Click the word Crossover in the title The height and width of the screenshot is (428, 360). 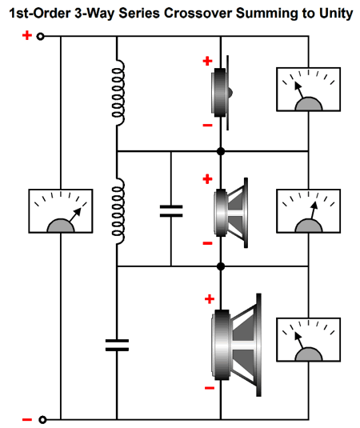click(198, 13)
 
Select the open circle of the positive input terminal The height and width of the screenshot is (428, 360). click(40, 36)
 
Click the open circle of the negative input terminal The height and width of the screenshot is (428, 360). click(42, 419)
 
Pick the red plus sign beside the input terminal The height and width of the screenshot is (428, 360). click(27, 35)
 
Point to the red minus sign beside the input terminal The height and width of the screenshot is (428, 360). click(27, 419)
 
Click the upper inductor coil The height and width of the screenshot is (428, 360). click(118, 93)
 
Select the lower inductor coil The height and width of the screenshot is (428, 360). click(118, 211)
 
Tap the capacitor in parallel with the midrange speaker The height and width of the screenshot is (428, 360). click(171, 211)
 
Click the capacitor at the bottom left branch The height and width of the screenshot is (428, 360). click(117, 346)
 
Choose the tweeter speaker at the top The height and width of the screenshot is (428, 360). click(222, 93)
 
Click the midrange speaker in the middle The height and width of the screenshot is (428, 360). click(231, 213)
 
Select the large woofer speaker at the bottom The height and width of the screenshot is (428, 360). click(236, 345)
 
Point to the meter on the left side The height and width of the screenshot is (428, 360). click(61, 211)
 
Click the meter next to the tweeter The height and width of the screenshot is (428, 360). click(309, 90)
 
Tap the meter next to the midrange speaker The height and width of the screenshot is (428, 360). click(309, 211)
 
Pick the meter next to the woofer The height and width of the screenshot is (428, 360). click(309, 340)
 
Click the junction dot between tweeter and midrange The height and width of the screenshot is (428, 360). click(221, 151)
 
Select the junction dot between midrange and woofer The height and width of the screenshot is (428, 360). click(221, 266)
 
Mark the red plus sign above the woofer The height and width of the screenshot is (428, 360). click(210, 299)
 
